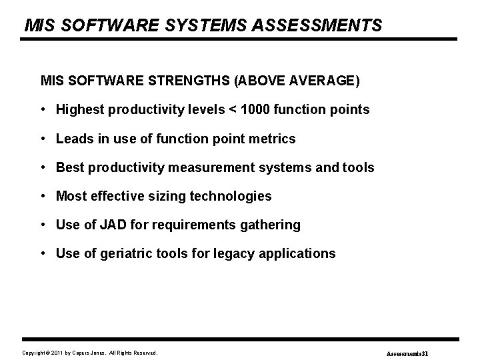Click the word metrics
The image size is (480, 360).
coord(272,139)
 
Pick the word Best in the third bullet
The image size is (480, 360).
coord(70,167)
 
